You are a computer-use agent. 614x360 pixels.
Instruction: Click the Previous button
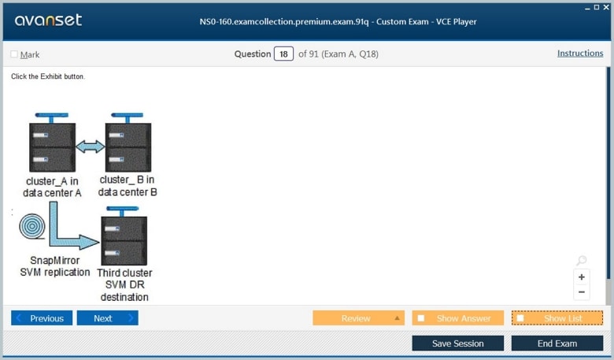pyautogui.click(x=42, y=318)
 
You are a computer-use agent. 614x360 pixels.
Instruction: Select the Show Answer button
pyautogui.click(x=457, y=318)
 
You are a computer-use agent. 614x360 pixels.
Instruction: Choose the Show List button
pyautogui.click(x=557, y=318)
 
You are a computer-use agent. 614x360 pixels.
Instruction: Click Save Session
pyautogui.click(x=457, y=343)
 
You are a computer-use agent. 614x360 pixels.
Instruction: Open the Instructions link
pyautogui.click(x=580, y=54)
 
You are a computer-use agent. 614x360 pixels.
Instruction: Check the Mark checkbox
pyautogui.click(x=14, y=54)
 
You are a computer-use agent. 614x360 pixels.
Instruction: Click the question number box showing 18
pyautogui.click(x=283, y=54)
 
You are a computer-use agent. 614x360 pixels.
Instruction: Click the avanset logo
pyautogui.click(x=48, y=20)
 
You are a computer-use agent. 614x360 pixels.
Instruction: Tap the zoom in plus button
pyautogui.click(x=582, y=277)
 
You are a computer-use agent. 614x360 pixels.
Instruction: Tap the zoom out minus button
pyautogui.click(x=582, y=292)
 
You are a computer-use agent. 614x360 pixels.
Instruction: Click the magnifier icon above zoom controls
pyautogui.click(x=582, y=261)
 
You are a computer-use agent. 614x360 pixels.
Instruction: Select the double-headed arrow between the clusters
pyautogui.click(x=90, y=147)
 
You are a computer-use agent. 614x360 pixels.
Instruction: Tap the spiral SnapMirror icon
pyautogui.click(x=32, y=228)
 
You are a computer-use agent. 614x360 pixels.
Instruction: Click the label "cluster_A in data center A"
pyautogui.click(x=52, y=187)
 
